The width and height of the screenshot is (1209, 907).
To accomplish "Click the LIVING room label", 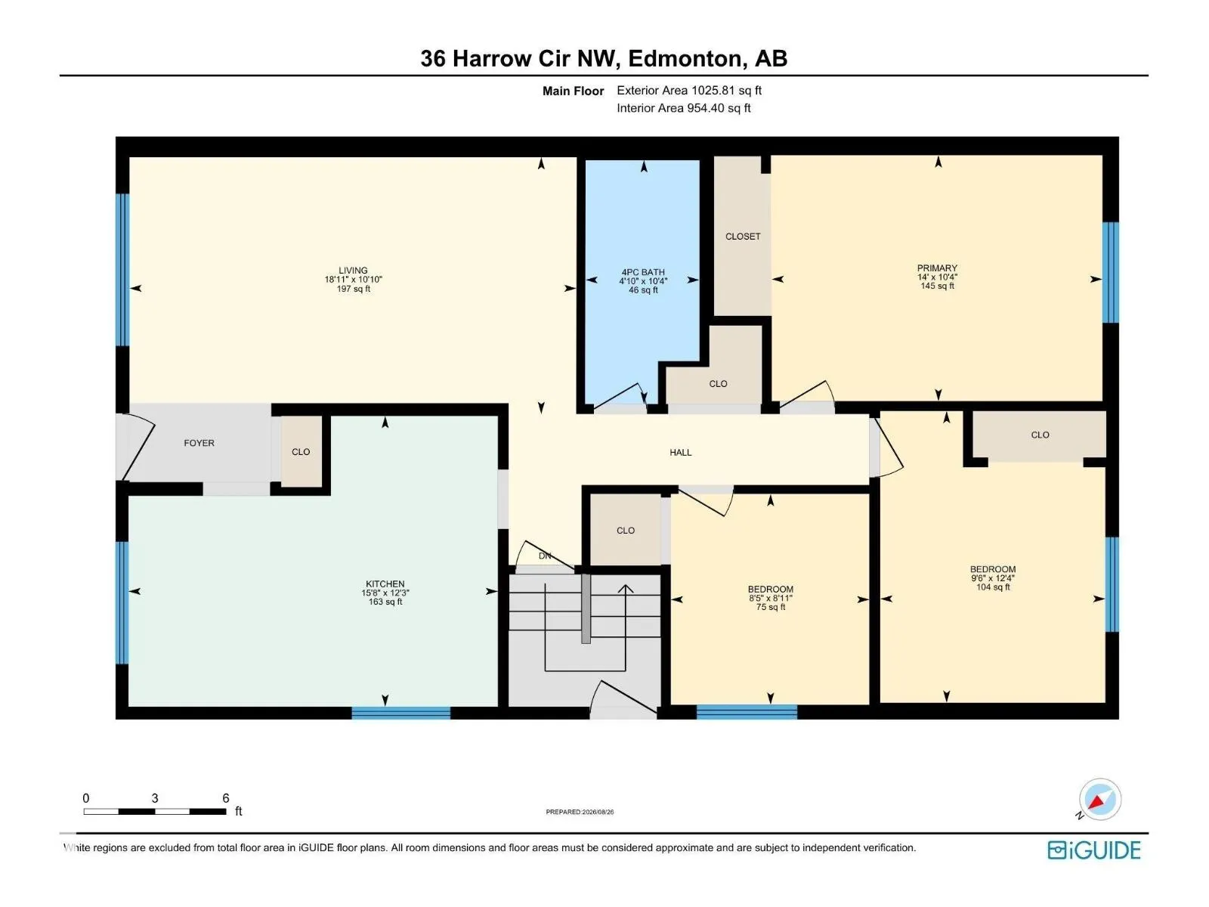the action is [x=353, y=270].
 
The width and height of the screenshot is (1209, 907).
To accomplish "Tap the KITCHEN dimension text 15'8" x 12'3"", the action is [x=385, y=593].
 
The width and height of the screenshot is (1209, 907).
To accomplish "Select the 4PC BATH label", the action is [x=643, y=271].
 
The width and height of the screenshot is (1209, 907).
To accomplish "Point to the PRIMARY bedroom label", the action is [x=937, y=268].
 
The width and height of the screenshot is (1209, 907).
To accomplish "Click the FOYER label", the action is [x=199, y=443].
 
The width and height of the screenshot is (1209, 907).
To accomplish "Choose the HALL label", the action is [x=680, y=452].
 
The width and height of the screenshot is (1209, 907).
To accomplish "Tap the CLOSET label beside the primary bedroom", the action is [x=743, y=237].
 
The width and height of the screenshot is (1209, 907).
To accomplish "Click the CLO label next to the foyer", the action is [x=301, y=451].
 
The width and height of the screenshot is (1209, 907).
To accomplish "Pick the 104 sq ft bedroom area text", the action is [x=993, y=587].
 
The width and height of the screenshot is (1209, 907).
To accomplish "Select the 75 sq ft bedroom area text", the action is [x=771, y=607].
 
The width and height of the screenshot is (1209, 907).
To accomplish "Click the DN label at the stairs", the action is [x=545, y=556].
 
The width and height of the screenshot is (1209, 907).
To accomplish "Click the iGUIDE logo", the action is [x=1093, y=850].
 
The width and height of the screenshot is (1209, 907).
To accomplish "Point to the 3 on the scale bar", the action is [x=155, y=798].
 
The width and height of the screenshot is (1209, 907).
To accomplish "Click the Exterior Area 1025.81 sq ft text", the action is [x=689, y=90].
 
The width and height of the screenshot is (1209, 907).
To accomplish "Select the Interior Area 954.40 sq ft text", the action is [x=684, y=108].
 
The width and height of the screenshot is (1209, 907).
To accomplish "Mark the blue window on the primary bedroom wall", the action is [x=1110, y=272].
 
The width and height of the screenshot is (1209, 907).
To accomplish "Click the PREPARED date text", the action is [x=580, y=812].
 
